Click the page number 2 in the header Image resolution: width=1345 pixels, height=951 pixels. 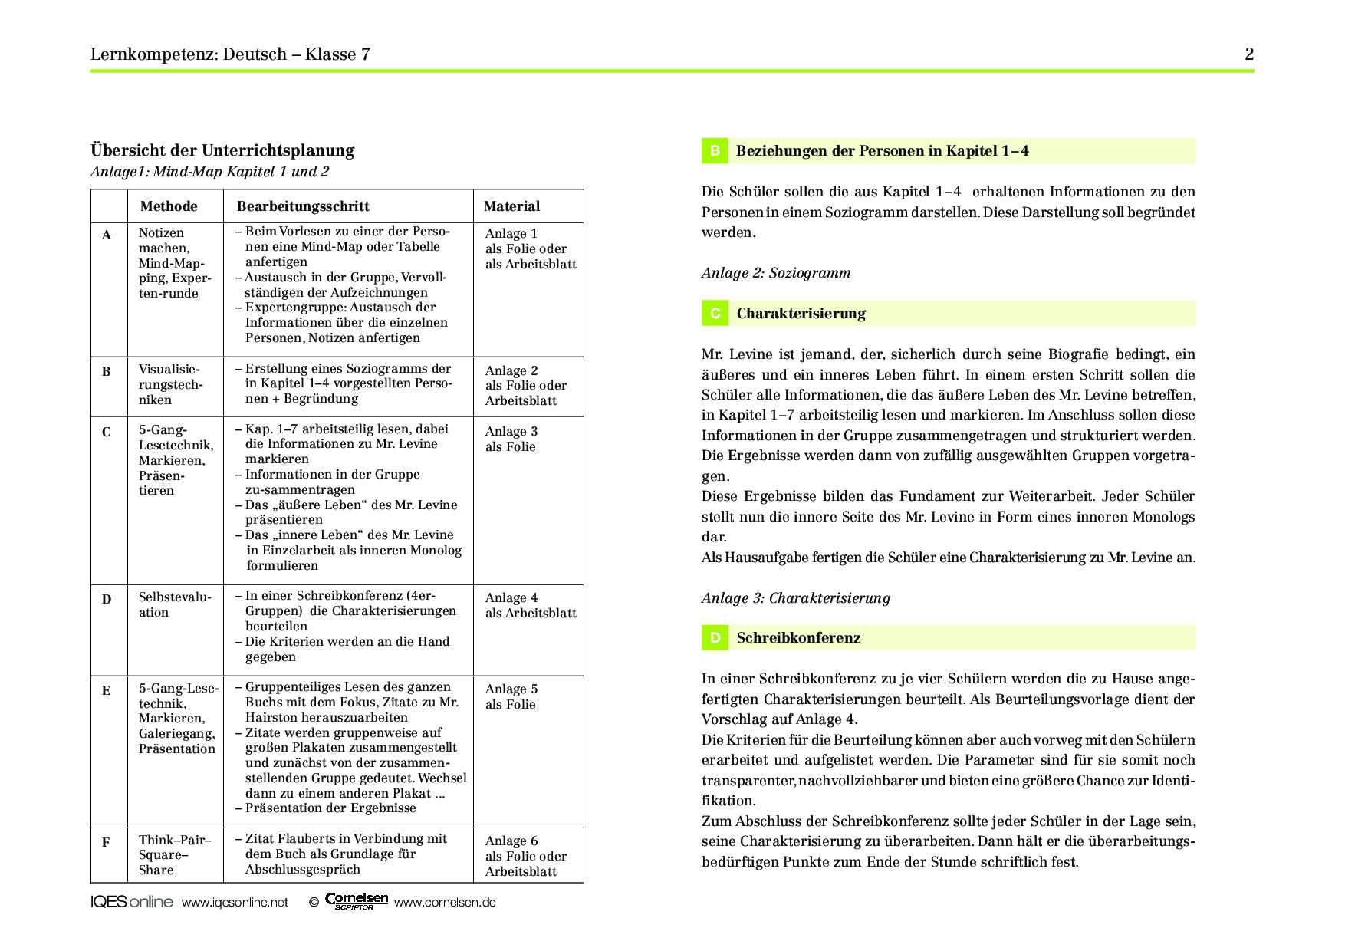coord(1249,54)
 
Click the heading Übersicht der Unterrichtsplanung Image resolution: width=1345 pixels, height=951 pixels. coord(222,150)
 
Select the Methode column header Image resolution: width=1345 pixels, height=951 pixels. coord(169,206)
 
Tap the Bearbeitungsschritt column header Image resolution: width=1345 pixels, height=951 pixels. coord(303,206)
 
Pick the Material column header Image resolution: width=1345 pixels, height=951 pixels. coord(511,206)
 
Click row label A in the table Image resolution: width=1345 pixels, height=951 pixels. coord(107,235)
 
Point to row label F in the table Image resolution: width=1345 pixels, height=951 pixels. coord(106,842)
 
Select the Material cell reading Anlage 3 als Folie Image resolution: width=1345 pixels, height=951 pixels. coord(511,439)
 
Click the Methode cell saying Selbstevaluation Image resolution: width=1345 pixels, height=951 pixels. coord(174,604)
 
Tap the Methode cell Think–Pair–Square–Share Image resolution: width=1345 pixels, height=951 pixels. coord(174,854)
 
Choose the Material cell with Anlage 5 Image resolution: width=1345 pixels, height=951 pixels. coord(511,696)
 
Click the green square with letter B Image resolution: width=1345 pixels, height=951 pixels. coord(715,151)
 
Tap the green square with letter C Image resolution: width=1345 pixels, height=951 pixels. coord(715,314)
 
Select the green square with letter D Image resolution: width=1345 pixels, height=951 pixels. coord(715,638)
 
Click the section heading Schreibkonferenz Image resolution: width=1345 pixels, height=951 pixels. coord(798,638)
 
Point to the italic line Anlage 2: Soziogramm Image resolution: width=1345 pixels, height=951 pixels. coord(775,273)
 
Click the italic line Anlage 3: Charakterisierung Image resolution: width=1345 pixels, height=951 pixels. coord(795,598)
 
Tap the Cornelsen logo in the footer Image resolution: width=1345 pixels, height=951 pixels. coord(357,901)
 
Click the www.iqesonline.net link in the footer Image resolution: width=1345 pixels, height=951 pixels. coord(235,903)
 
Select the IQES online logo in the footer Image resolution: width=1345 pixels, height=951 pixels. coord(132,902)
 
